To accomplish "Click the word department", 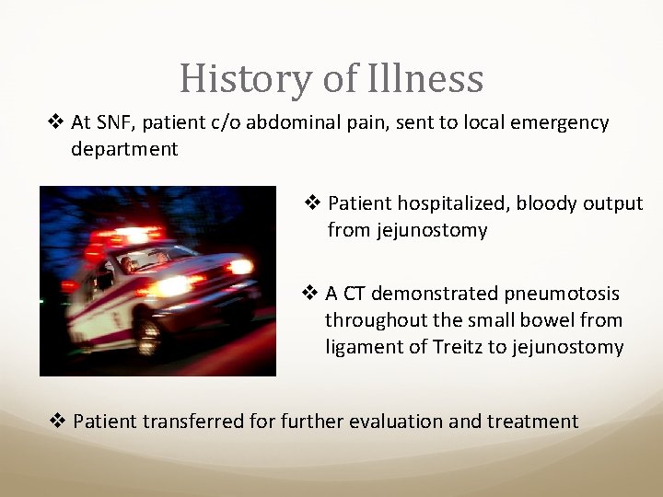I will tap(124, 149).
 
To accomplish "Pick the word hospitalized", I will tap(448, 203).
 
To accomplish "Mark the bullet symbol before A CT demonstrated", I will tap(310, 295).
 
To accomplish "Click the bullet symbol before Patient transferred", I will tap(57, 422).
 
